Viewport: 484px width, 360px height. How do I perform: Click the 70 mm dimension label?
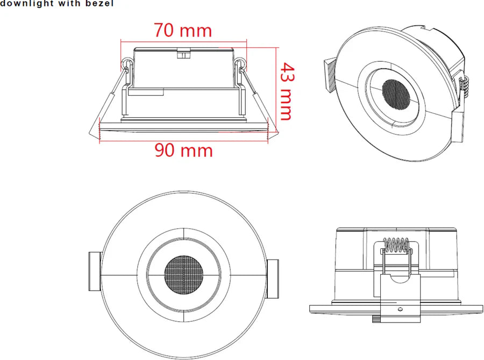click(x=183, y=30)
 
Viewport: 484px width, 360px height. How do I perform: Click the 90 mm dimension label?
click(x=184, y=150)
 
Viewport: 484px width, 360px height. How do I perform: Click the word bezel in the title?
click(x=99, y=4)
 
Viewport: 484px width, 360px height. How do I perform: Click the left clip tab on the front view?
click(x=94, y=275)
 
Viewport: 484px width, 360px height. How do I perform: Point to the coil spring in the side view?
click(x=396, y=247)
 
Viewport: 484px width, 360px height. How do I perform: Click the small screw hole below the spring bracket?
click(x=401, y=309)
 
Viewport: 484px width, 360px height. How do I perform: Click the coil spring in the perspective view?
click(x=465, y=86)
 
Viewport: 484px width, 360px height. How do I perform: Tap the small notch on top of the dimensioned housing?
click(x=183, y=53)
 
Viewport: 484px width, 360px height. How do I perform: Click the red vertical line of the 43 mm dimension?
click(x=276, y=86)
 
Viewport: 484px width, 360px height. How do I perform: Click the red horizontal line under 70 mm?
click(x=183, y=40)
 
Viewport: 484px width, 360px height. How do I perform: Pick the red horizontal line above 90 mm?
click(x=184, y=141)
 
